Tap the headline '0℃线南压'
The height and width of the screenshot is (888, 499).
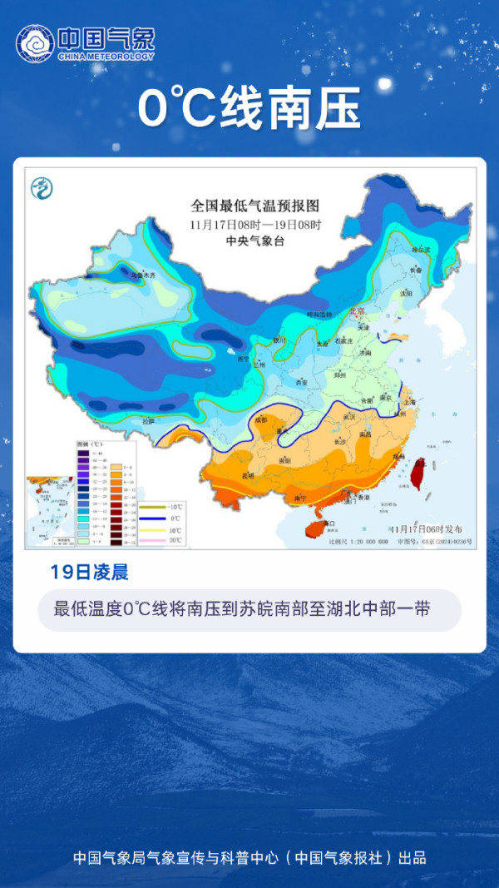coord(249,109)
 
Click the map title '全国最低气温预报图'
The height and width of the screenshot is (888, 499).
coord(255,206)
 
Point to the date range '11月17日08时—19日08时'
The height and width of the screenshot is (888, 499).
coord(255,224)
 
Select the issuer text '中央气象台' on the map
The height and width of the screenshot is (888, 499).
coord(255,241)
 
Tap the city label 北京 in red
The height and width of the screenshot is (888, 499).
coord(358,310)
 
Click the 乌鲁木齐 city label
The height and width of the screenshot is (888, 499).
coord(138,274)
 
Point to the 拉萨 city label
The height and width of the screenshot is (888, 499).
coord(148,422)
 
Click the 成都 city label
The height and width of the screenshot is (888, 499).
coord(261,420)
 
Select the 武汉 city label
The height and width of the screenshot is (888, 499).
coord(349,416)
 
